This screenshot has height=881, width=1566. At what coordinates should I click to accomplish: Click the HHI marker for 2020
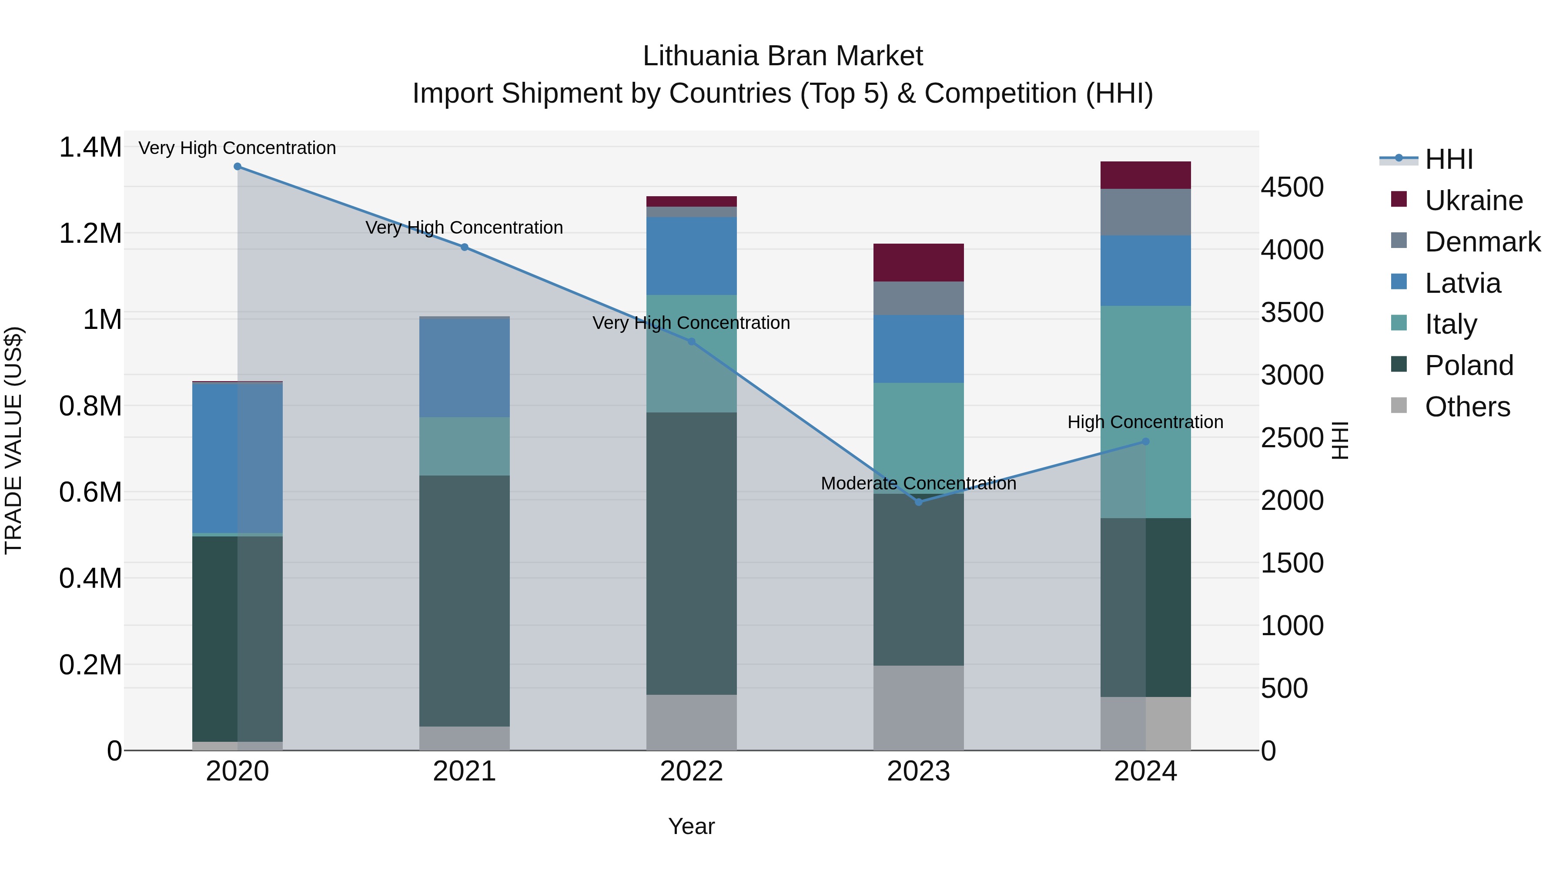tap(237, 167)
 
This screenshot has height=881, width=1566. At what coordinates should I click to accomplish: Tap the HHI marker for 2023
tap(919, 502)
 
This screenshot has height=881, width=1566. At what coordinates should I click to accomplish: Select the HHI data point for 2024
tap(1145, 442)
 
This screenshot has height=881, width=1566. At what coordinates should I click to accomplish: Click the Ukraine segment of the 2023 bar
tap(919, 263)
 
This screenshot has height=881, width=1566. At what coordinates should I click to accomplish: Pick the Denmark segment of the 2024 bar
tap(1145, 212)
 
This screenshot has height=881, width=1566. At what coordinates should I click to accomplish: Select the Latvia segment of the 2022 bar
tap(691, 256)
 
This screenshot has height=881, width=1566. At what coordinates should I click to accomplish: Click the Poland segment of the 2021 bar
tap(465, 601)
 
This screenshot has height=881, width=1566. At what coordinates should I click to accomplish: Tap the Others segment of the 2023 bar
tap(919, 708)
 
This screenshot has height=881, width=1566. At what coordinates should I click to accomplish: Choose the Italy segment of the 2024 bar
tap(1145, 412)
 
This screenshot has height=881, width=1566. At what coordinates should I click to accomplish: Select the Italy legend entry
tap(1450, 324)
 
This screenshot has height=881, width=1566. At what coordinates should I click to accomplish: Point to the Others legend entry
tap(1467, 407)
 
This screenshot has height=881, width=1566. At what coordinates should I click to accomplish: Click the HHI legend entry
tap(1448, 159)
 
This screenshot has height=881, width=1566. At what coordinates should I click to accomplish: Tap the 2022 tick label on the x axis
tap(691, 771)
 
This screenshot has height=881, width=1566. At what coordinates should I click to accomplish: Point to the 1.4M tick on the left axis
tap(90, 148)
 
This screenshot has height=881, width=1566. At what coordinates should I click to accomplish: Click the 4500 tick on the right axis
tap(1292, 187)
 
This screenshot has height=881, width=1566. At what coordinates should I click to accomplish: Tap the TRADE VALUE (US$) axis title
tap(13, 440)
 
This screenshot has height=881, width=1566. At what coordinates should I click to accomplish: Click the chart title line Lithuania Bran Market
tap(783, 56)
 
